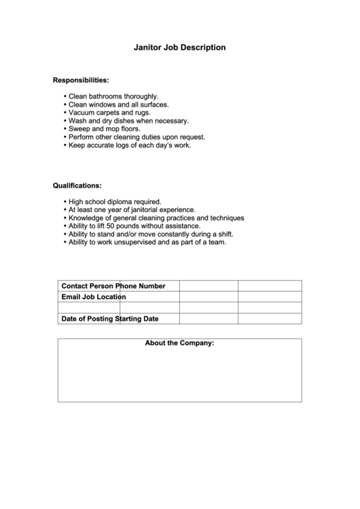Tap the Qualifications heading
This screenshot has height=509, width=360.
point(77,185)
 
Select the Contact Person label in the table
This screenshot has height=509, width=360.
point(88,286)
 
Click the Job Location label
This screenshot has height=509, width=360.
point(105,297)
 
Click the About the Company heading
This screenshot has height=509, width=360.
point(179,343)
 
